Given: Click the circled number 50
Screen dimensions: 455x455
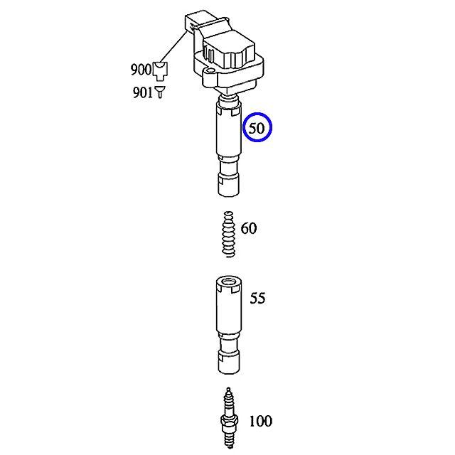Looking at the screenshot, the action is coord(257,128).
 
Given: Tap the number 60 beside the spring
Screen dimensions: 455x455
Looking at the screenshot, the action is coord(249,228).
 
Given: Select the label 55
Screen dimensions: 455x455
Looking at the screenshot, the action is coord(257,298).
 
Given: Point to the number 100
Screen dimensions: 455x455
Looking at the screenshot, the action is coord(261,421).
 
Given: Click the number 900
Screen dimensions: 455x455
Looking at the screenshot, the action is coord(141,70).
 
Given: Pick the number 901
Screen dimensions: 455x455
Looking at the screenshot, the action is coord(142,92).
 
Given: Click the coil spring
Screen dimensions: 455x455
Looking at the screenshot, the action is coord(228,234).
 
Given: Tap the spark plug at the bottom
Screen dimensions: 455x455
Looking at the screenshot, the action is coord(229,421).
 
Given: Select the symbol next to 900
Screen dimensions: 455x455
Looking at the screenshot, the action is coord(160,71).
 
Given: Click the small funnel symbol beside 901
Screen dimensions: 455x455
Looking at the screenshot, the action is coord(160,92).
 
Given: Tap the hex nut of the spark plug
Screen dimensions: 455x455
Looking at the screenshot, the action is coord(229,421).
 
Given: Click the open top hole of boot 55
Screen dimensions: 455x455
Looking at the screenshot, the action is coord(229,281).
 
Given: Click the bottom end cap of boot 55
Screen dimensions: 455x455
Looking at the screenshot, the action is coord(229,362).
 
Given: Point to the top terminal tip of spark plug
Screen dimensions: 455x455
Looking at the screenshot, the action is coord(229,390).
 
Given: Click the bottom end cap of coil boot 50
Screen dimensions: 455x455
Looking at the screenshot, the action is coord(229,185).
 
